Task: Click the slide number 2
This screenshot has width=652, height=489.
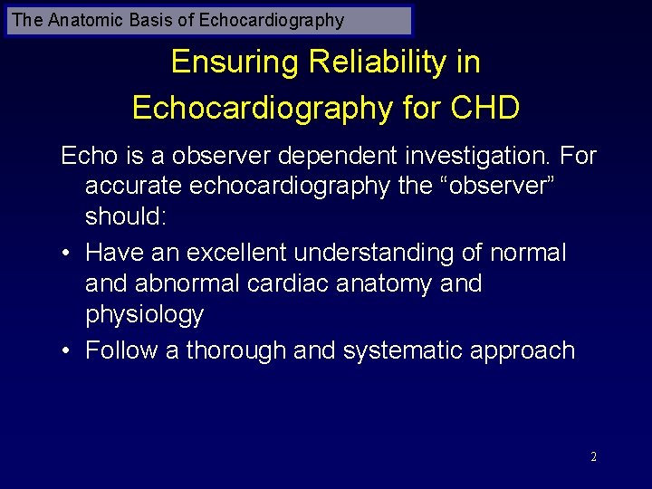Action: [x=593, y=457]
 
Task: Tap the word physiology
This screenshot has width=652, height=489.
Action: [x=145, y=315]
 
